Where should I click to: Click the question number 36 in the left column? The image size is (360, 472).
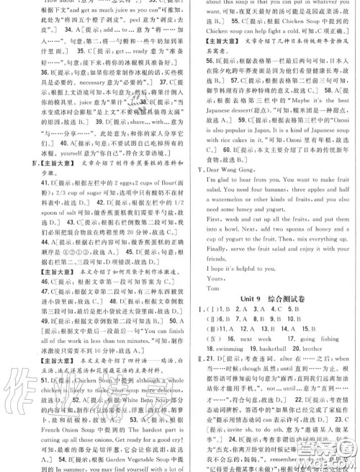tap(13, 73)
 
